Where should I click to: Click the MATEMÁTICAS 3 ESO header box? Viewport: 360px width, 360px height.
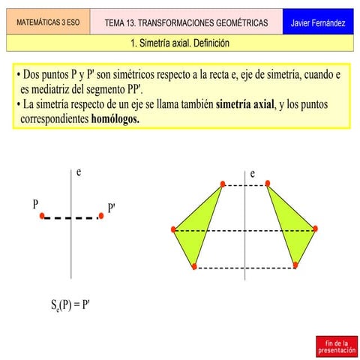pos(48,23)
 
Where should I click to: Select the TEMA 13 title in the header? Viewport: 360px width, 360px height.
pos(186,23)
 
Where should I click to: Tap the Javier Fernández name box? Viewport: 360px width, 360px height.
pos(318,23)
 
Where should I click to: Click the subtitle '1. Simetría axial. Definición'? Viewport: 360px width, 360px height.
pos(179,43)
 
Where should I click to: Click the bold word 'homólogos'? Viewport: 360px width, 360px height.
pos(115,119)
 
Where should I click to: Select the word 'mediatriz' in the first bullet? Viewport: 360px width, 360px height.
pos(71,90)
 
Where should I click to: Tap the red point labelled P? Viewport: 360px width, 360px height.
pos(42,216)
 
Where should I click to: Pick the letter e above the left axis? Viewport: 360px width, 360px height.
pos(78,173)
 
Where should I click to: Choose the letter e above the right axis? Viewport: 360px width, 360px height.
pos(253,174)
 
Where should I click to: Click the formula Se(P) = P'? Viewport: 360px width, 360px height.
pos(70,305)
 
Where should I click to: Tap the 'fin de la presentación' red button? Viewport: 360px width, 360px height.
pos(336,346)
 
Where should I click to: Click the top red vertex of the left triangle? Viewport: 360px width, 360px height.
pos(223,184)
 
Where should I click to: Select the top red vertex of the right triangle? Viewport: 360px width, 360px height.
pos(268,183)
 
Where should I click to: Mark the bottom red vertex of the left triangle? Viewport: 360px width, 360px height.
pos(194,266)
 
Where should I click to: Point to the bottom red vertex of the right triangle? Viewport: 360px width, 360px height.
pos(295,265)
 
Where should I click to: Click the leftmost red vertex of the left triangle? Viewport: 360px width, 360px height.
pos(174,229)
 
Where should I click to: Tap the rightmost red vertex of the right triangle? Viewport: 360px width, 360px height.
pos(316,229)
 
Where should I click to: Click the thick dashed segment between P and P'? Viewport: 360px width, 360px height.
pos(71,217)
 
